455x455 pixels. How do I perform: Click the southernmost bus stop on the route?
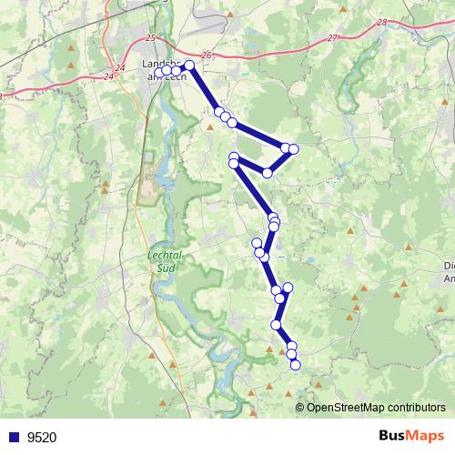(295, 365)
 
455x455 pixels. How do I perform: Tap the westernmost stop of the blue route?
(159, 73)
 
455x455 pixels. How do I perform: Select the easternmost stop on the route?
(293, 148)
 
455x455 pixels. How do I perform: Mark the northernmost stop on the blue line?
(189, 66)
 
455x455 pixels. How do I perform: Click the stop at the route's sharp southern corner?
(268, 173)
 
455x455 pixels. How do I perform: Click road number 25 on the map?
(150, 37)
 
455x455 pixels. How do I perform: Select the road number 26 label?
(206, 56)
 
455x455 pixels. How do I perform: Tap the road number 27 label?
(332, 37)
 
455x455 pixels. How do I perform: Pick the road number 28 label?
(379, 22)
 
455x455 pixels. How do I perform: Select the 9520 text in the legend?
(42, 438)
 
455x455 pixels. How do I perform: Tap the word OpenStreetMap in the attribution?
(349, 408)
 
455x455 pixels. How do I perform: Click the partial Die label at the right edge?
(448, 266)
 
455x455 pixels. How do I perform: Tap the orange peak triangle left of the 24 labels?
(70, 68)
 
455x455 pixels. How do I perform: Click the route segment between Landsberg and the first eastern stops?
(204, 89)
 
